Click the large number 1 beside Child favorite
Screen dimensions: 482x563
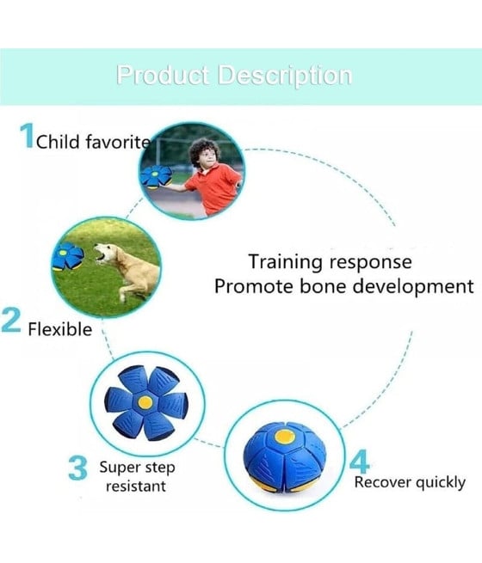pyautogui.click(x=28, y=135)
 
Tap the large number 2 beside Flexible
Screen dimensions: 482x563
pyautogui.click(x=11, y=321)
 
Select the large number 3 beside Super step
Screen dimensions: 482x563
pyautogui.click(x=78, y=468)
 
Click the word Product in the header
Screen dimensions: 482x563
pyautogui.click(x=164, y=76)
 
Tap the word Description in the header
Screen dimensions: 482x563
pyautogui.click(x=285, y=76)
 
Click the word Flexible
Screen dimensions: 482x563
pyautogui.click(x=60, y=329)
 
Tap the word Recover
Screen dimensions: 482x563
pyautogui.click(x=382, y=482)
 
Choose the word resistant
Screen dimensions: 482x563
pyautogui.click(x=136, y=487)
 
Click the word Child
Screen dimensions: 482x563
pyautogui.click(x=58, y=142)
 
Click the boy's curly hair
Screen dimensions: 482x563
pyautogui.click(x=205, y=150)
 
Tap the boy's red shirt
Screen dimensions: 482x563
pyautogui.click(x=213, y=187)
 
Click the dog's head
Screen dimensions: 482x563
pyautogui.click(x=105, y=253)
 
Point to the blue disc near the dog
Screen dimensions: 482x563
pyautogui.click(x=67, y=257)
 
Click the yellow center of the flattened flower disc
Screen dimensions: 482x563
pyautogui.click(x=145, y=402)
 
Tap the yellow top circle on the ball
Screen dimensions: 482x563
pyautogui.click(x=285, y=437)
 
